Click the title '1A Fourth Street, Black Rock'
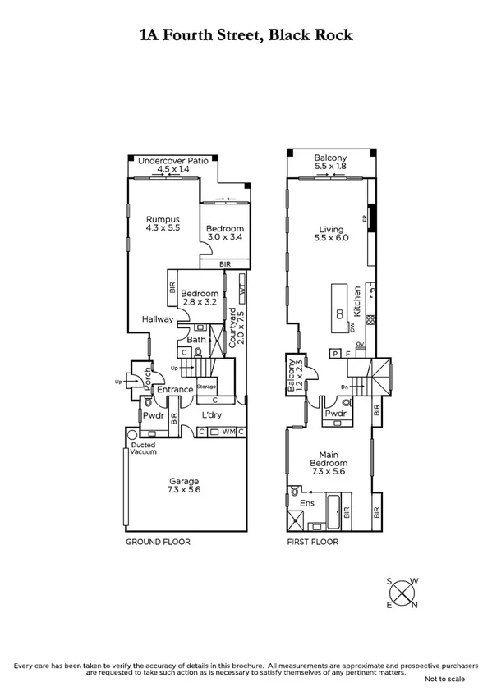point(246,35)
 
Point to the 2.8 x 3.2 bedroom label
point(200,298)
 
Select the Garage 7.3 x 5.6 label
point(185,485)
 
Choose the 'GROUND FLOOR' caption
point(158,543)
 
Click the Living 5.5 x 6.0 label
point(330,234)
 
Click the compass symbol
point(402,593)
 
